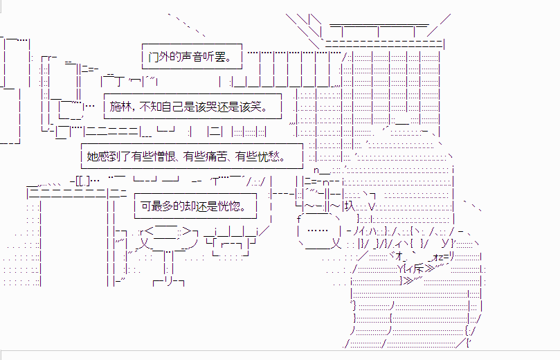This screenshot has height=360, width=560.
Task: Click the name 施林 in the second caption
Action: pos(120,107)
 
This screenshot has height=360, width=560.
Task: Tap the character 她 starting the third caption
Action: pos(92,156)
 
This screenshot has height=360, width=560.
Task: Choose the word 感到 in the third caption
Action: pos(109,156)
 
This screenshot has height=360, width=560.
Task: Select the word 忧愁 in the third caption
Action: pos(269,156)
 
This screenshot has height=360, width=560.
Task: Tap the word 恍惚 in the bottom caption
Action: pos(229,206)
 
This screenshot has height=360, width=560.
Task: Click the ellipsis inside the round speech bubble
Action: pos(317,231)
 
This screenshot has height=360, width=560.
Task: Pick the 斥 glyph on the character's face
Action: pos(419,268)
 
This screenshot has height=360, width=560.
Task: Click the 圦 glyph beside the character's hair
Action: pos(350,206)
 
